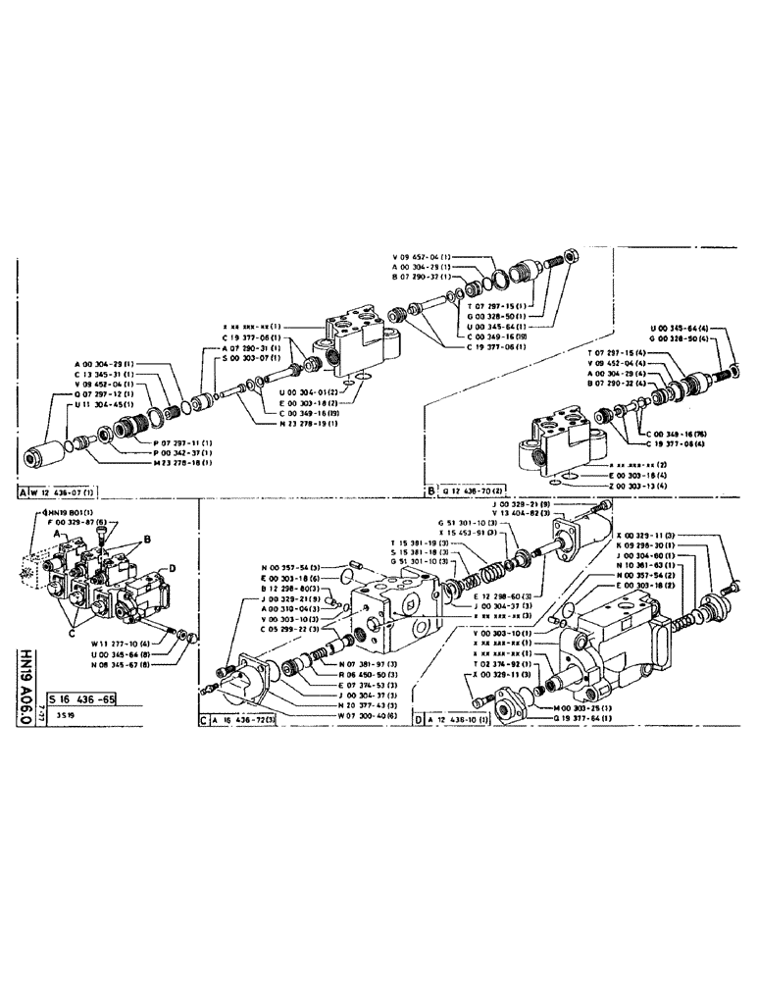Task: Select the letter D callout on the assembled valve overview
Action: [x=172, y=568]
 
